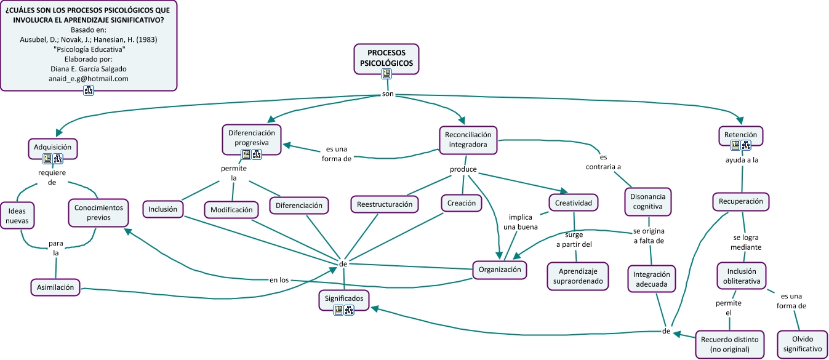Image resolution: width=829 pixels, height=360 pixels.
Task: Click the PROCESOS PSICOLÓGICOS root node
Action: tap(386, 58)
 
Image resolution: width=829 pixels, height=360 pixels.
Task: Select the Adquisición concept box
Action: tap(53, 147)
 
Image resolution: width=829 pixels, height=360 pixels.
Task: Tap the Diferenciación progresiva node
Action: tap(252, 137)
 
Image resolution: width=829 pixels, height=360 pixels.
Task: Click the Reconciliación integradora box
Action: tap(468, 139)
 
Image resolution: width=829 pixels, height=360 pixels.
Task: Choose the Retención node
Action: tap(740, 135)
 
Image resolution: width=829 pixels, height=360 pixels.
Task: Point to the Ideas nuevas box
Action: tap(17, 217)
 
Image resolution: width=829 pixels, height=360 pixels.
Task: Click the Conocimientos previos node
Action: tap(98, 212)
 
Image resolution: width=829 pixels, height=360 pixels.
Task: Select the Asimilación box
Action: tap(55, 287)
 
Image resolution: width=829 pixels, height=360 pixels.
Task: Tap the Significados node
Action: tap(345, 299)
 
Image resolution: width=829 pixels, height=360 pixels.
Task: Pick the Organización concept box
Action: tap(500, 270)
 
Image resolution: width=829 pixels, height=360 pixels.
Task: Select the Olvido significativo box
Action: tap(802, 344)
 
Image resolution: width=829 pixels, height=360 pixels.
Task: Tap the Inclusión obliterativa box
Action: tap(742, 276)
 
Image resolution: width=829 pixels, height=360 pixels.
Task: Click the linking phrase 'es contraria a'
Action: tap(603, 162)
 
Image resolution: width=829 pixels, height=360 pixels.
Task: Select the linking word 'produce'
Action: tap(463, 170)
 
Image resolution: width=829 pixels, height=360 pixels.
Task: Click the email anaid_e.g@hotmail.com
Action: tap(89, 79)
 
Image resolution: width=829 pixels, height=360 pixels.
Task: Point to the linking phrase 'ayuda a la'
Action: tap(741, 161)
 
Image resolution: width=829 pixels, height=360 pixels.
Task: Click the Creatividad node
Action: tap(573, 202)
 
